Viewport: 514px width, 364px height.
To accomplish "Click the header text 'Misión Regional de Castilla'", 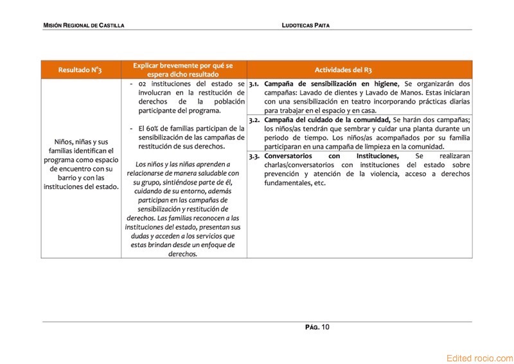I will tap(84, 25).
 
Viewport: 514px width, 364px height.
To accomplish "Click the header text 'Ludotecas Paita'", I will tap(306, 25).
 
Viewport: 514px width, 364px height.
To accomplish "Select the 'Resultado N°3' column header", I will tap(80, 69).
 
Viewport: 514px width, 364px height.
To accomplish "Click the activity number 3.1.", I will tap(254, 84).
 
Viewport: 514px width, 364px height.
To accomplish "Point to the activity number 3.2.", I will tap(254, 120).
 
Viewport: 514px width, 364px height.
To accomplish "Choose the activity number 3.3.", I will tap(254, 156).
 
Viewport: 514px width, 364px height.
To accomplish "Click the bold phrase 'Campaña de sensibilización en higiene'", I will tap(332, 84).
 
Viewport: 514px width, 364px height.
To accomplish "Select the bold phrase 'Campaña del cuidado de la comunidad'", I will tap(327, 120).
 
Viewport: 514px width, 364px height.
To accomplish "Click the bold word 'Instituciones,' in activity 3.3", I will tap(378, 156).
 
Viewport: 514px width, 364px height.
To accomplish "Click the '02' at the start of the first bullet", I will tap(143, 84).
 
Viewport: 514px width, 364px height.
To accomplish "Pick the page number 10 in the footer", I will tap(325, 327).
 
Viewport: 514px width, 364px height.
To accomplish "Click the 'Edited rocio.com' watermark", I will tap(479, 358).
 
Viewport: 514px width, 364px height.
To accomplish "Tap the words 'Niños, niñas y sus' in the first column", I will tap(81, 141).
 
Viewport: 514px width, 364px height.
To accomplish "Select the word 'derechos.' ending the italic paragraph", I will tap(182, 254).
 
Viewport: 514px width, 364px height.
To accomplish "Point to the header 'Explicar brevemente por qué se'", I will tap(182, 66).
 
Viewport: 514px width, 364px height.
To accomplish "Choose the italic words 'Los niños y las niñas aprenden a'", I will tap(182, 164).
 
